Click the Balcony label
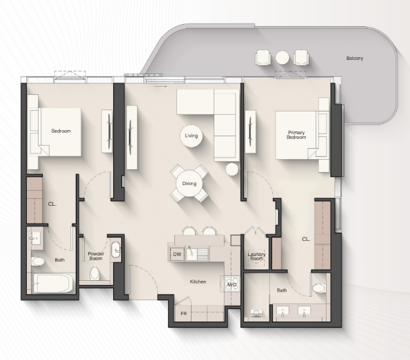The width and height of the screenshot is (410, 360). [x=355, y=59]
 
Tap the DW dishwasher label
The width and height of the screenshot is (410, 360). [x=177, y=254]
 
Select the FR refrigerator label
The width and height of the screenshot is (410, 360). [x=183, y=313]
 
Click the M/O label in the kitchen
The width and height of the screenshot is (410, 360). [x=232, y=284]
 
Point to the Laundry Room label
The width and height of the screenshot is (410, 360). [x=256, y=256]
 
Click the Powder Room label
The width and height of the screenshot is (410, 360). [x=96, y=256]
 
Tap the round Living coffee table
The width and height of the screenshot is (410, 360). [x=191, y=136]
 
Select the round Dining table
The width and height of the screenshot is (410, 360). [x=189, y=184]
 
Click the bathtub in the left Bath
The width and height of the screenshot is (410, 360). [x=53, y=283]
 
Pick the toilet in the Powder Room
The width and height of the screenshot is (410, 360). [x=94, y=273]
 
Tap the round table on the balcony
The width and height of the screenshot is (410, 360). [x=282, y=57]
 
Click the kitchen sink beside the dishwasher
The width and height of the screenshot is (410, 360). [x=191, y=253]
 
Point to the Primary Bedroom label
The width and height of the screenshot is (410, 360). [x=296, y=135]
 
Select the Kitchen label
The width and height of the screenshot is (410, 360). [x=198, y=282]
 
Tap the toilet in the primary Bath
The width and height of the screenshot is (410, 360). [x=319, y=288]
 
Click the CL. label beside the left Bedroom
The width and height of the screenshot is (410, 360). [x=52, y=204]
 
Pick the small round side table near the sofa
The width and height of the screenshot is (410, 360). [x=232, y=169]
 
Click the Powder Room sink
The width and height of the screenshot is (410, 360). [x=116, y=250]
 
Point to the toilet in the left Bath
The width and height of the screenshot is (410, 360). [x=38, y=262]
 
